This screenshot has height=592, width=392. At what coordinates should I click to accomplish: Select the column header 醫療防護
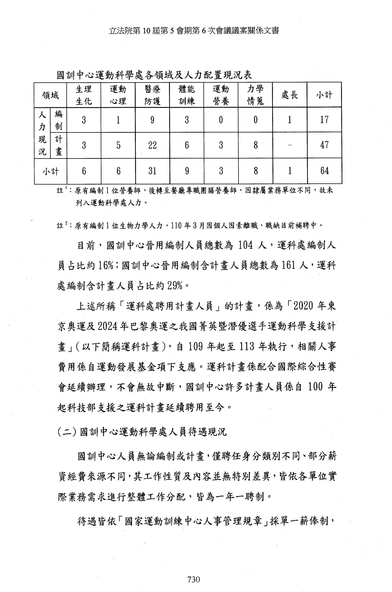point(152,95)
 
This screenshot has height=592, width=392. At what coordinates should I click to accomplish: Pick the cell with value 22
point(152,145)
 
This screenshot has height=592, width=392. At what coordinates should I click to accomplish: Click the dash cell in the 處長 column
point(290,145)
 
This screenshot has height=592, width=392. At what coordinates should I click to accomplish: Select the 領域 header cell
point(51,95)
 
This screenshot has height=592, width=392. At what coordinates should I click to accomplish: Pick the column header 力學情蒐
point(255,95)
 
